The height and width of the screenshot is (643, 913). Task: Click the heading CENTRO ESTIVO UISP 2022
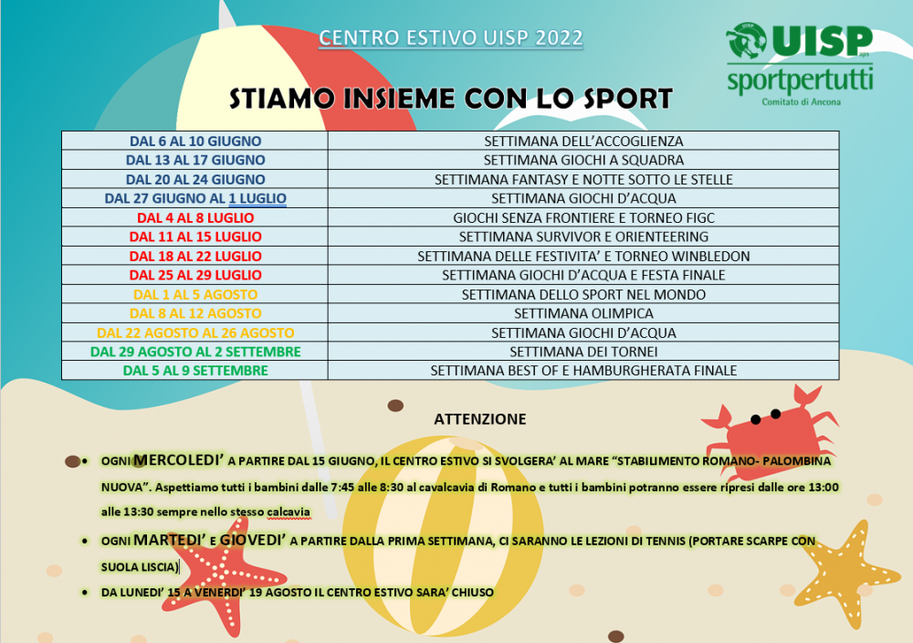click(x=451, y=37)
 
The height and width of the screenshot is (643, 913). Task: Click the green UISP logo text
click(x=823, y=41)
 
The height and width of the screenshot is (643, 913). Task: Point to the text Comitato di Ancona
click(x=802, y=102)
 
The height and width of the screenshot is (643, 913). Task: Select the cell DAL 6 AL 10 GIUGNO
click(x=195, y=141)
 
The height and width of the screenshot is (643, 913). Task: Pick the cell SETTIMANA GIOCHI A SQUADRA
click(x=583, y=160)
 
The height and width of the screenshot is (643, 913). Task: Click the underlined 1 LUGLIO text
click(x=257, y=198)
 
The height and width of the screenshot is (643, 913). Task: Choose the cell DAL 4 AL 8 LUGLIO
click(x=195, y=217)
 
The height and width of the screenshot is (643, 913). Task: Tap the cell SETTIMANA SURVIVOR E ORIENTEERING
click(x=583, y=237)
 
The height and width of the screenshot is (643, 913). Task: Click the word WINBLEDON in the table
click(x=708, y=257)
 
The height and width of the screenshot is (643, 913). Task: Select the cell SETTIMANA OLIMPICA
click(x=583, y=313)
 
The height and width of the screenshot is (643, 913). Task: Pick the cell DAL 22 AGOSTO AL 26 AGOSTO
click(x=195, y=332)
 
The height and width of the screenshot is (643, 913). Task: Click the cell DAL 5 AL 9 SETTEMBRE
click(x=195, y=371)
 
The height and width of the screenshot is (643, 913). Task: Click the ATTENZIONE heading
click(x=480, y=419)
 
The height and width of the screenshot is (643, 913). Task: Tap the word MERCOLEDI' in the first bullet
click(x=178, y=460)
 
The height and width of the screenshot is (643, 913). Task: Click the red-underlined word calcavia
click(x=289, y=512)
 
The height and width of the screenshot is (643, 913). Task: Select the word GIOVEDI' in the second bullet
click(x=253, y=540)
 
